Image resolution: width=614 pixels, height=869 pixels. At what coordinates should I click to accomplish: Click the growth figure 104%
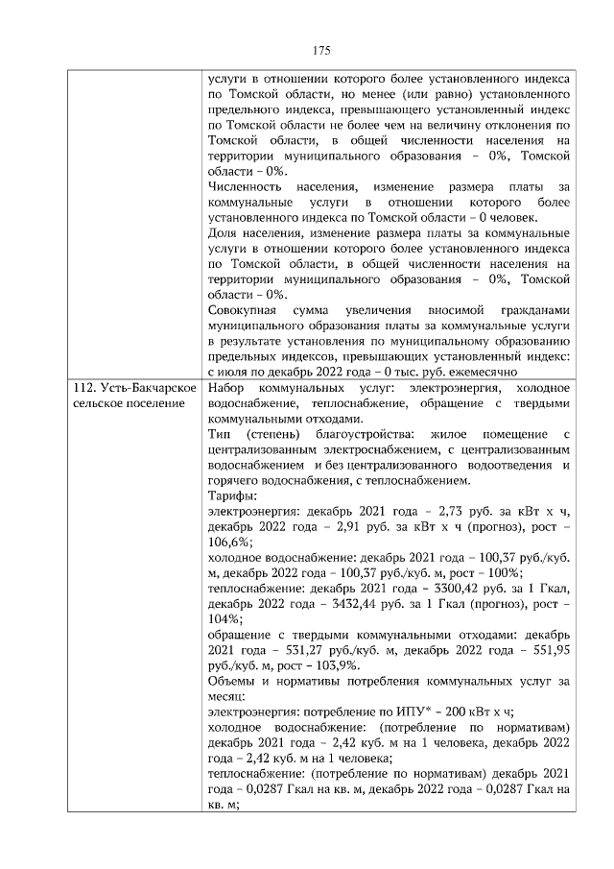tap(224, 620)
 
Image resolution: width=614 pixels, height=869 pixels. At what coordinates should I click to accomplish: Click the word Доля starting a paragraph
tap(224, 233)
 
